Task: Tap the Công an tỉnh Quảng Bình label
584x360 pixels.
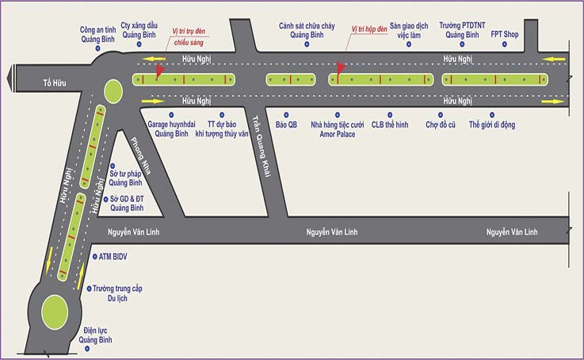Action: [100, 35]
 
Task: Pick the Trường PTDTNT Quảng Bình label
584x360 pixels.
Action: [463, 30]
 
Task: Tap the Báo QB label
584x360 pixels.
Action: [286, 124]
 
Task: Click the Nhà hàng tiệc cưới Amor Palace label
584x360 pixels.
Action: [337, 129]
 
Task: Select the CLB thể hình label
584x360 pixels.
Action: [391, 124]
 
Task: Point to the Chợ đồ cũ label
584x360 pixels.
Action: [442, 124]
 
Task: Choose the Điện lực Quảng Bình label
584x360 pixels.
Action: [95, 335]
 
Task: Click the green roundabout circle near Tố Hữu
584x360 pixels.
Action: [113, 88]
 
